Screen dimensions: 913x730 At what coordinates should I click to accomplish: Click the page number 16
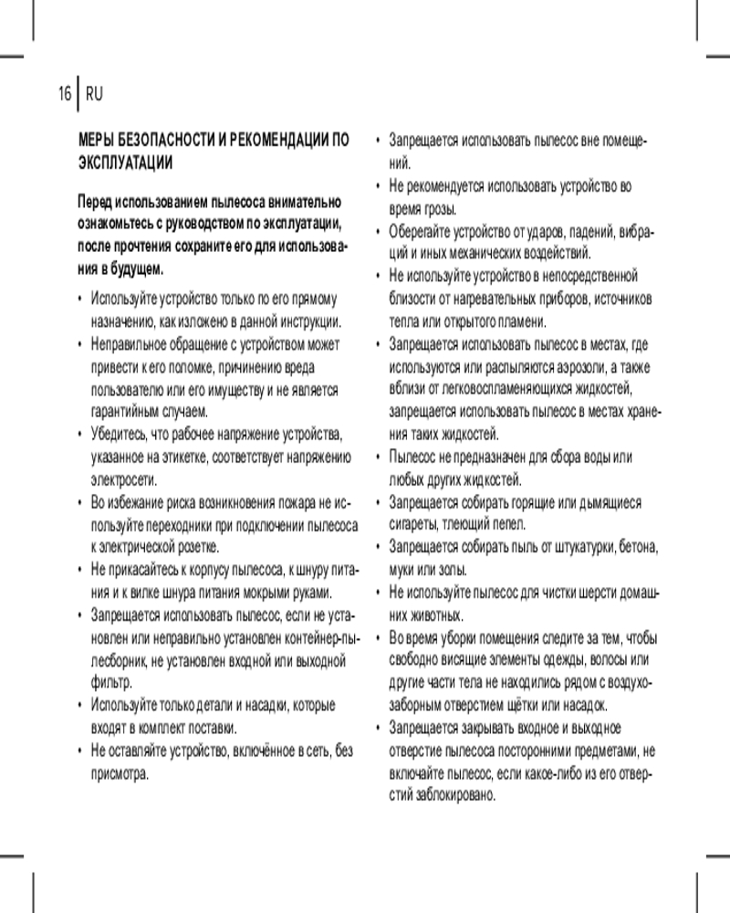tap(64, 93)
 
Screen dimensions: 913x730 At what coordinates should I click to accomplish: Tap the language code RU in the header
tap(95, 93)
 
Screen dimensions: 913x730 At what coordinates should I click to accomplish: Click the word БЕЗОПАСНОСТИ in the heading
tap(162, 141)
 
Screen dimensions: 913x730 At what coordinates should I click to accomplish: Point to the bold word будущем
tap(138, 268)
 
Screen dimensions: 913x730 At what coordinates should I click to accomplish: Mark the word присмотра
tap(119, 773)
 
